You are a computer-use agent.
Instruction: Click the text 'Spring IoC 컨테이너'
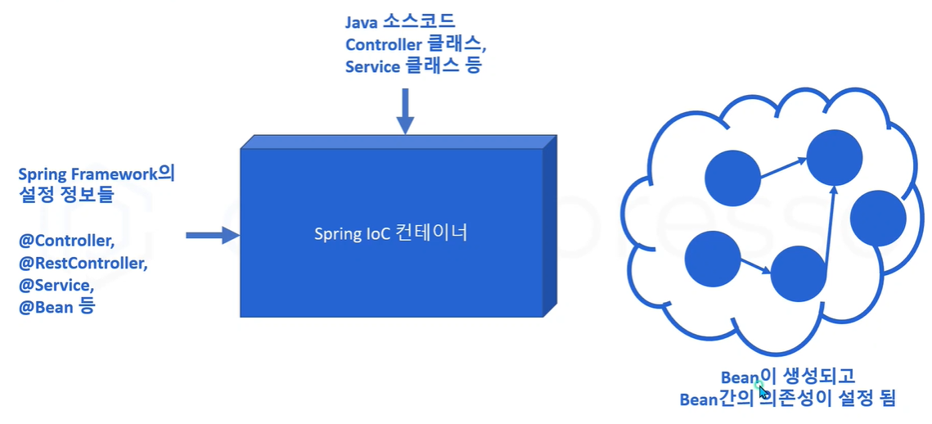coord(390,233)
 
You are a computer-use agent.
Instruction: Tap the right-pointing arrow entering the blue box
coord(212,236)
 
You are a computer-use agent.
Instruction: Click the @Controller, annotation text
coord(66,241)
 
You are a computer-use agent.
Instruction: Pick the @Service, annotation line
coord(56,286)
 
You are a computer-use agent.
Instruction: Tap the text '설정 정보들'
coord(65,196)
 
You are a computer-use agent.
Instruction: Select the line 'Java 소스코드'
coord(400,22)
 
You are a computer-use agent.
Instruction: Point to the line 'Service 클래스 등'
coord(414,66)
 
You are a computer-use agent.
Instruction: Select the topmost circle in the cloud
coord(834,156)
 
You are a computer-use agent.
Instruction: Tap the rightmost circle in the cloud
coord(878,218)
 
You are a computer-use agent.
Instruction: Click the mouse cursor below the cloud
coord(763,390)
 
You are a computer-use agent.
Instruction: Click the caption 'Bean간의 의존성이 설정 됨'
coord(788,399)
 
